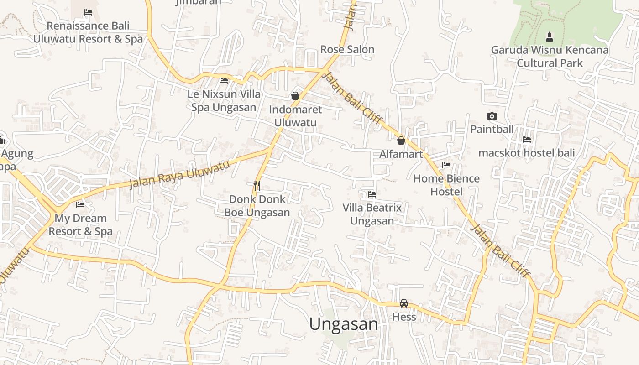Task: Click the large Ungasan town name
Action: (x=344, y=324)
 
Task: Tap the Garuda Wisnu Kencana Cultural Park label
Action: (x=550, y=56)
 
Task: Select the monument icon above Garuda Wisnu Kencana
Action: (x=550, y=36)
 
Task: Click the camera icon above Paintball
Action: (x=492, y=116)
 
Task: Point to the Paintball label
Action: (x=492, y=129)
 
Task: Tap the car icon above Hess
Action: (x=404, y=303)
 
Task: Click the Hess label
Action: (x=404, y=317)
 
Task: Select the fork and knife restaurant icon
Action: (x=257, y=185)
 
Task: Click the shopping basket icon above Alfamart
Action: (x=401, y=140)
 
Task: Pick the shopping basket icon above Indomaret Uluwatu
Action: (x=295, y=96)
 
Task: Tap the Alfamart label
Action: (x=401, y=154)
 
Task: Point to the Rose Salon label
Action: (x=347, y=49)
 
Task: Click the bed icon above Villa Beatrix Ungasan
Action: (x=372, y=194)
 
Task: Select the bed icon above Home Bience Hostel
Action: (x=446, y=165)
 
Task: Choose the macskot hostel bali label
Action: (x=526, y=153)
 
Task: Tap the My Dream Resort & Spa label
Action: (x=80, y=224)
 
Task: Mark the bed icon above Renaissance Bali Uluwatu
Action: (x=88, y=12)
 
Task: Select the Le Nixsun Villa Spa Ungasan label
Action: (x=224, y=101)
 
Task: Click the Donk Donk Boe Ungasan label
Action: (x=257, y=206)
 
